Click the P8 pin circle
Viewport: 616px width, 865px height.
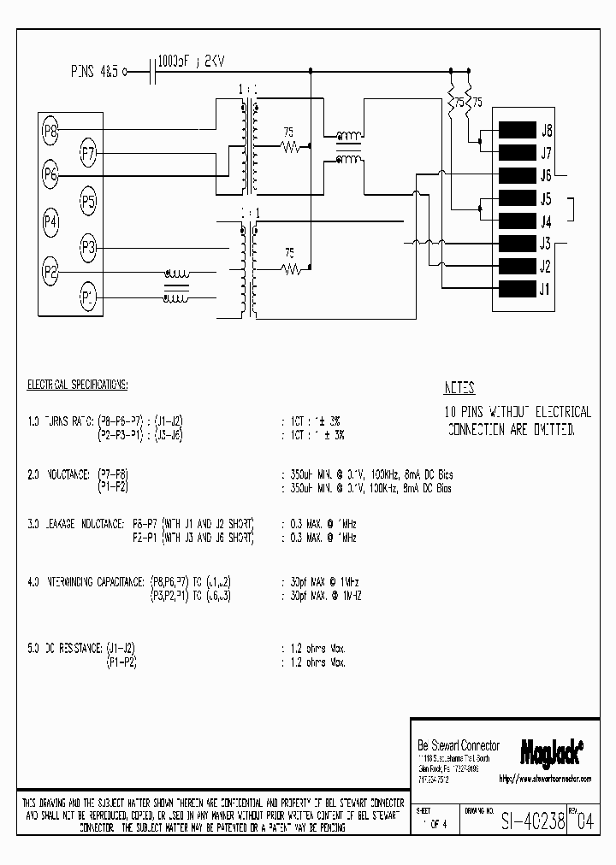pos(50,131)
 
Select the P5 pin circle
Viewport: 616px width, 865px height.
pos(88,202)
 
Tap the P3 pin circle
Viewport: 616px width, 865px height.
pos(88,248)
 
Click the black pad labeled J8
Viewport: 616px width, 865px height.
pos(516,131)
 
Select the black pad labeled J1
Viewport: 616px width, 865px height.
pos(516,288)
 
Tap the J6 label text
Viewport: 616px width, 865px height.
pos(546,176)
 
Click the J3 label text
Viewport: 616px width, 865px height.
pos(546,244)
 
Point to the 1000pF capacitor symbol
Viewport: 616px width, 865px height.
pos(153,72)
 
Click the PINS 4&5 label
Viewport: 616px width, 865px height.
pos(96,72)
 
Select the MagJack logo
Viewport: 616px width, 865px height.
pos(551,750)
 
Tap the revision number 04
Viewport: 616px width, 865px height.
pos(584,822)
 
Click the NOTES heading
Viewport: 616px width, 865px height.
pos(459,387)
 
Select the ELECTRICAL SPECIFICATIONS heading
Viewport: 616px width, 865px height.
pos(77,385)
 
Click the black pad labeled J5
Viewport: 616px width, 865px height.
pos(516,198)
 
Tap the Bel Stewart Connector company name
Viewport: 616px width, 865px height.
pos(458,745)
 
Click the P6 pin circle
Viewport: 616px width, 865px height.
pos(50,174)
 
